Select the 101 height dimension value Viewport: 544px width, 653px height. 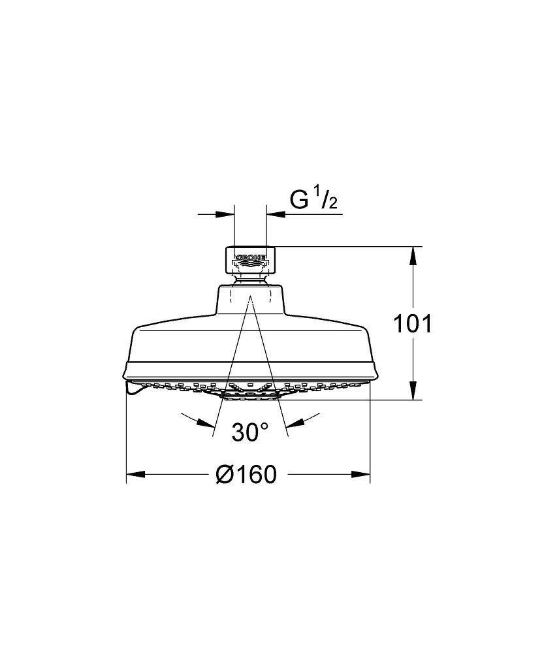click(x=413, y=324)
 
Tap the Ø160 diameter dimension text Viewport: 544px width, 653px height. click(x=246, y=474)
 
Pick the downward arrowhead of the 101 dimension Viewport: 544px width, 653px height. click(x=413, y=390)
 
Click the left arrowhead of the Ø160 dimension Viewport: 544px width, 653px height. click(x=135, y=474)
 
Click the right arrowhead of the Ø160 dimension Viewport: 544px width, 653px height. click(x=360, y=474)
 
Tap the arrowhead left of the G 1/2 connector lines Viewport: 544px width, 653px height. click(x=225, y=214)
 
